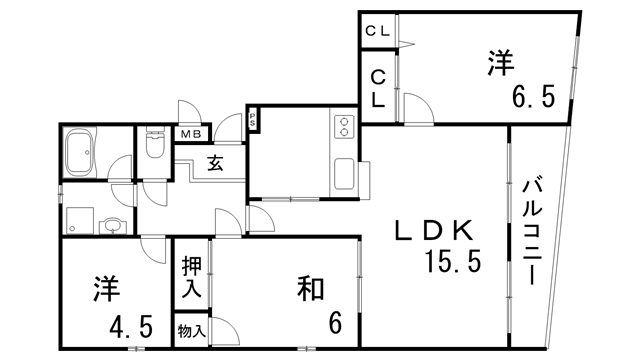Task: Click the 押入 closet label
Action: [x=191, y=278]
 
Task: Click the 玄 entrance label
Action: [x=215, y=163]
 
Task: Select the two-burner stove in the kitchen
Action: [x=344, y=127]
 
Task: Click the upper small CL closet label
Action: [x=378, y=30]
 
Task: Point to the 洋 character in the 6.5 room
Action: [x=499, y=62]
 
